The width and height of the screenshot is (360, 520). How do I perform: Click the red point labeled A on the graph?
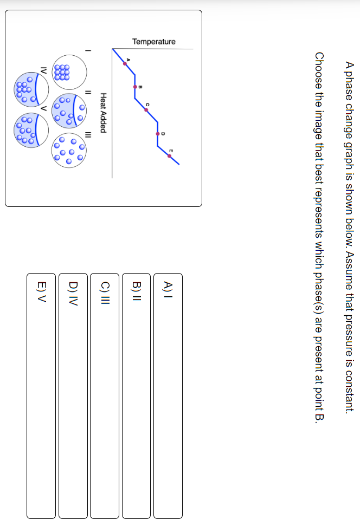[x=125, y=63]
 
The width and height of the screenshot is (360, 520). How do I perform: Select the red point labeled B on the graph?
[x=135, y=86]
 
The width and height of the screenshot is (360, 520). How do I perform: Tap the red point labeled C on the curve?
[x=146, y=109]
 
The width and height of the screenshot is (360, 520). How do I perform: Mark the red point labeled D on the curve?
[x=158, y=133]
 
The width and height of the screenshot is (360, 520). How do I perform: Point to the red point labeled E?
[x=170, y=156]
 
